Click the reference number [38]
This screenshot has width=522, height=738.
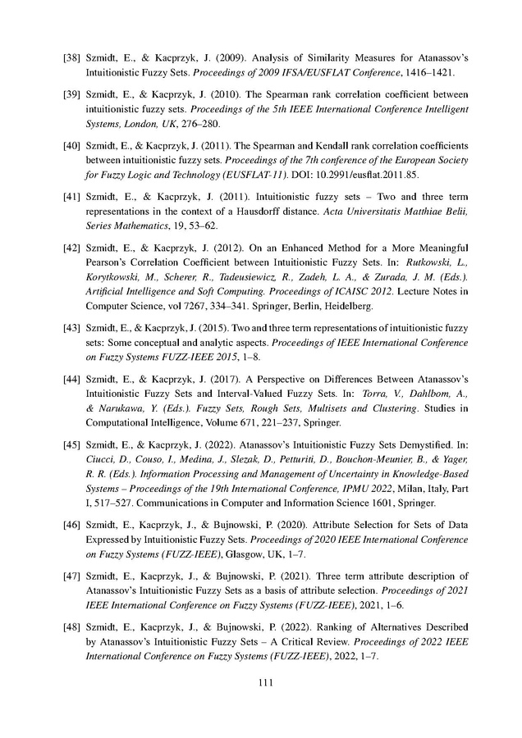click(x=73, y=60)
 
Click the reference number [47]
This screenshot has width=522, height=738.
click(x=73, y=572)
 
